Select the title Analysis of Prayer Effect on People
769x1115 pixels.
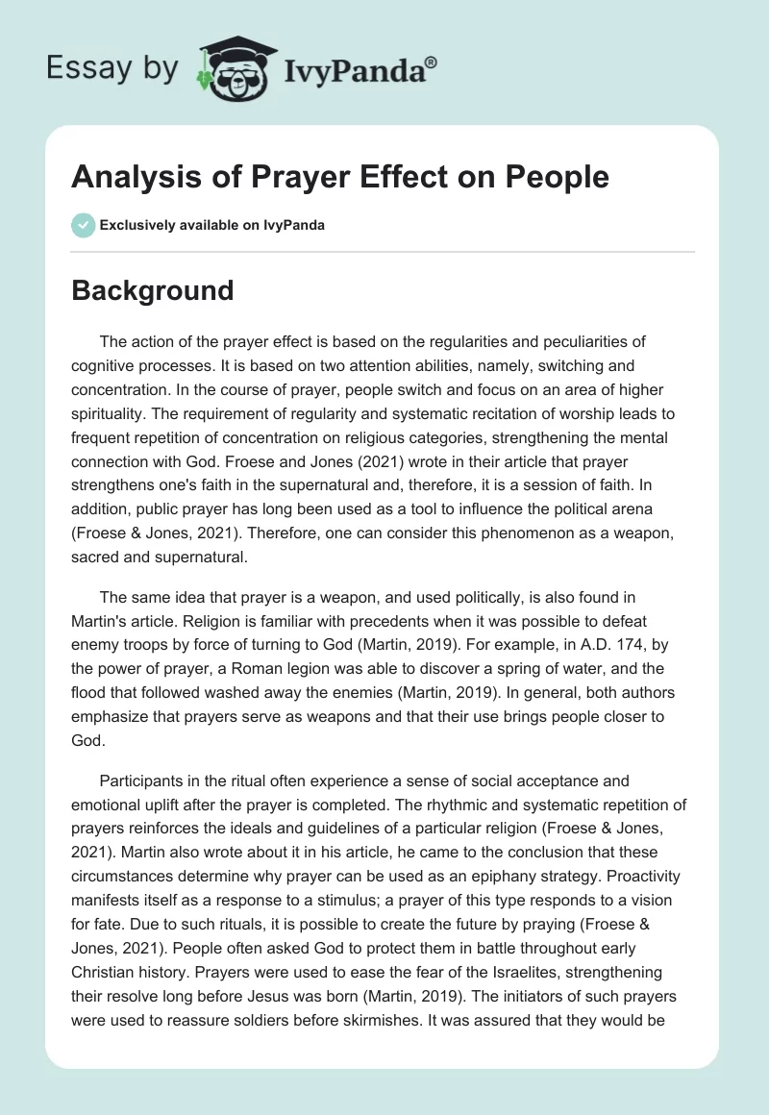(340, 178)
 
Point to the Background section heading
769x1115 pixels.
(153, 290)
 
